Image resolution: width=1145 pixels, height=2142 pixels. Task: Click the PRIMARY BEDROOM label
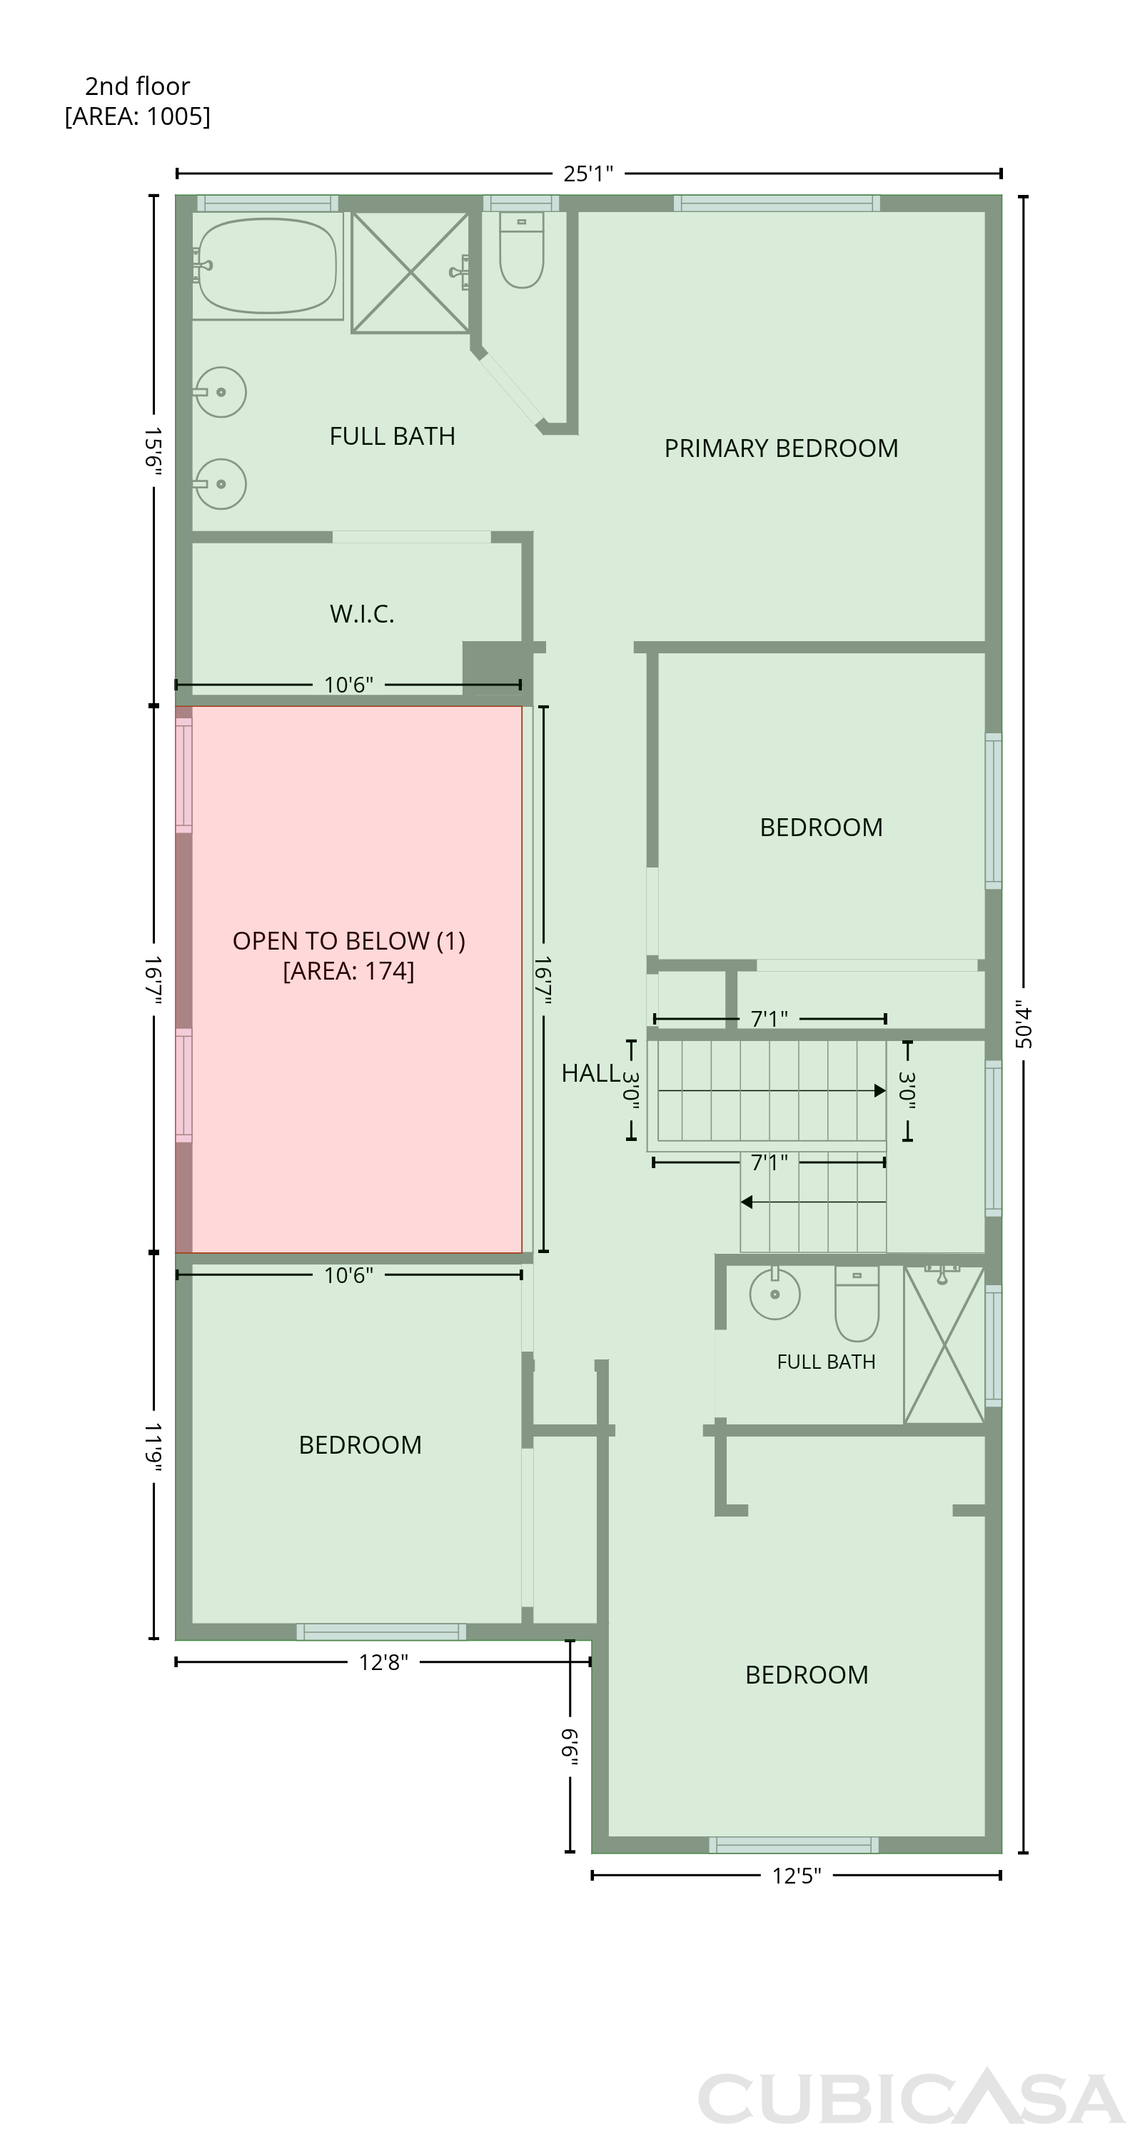tap(781, 448)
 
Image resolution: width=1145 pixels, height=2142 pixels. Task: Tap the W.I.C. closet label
tap(362, 613)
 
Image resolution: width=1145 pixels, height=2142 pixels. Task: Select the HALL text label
tap(590, 1072)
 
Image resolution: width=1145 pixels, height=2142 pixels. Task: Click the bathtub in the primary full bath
tap(267, 266)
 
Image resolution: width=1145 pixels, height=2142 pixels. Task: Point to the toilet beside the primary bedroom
tap(521, 249)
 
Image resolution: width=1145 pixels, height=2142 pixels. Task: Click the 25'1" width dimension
tap(588, 173)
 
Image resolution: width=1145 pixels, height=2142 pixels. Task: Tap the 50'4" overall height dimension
tap(1024, 1026)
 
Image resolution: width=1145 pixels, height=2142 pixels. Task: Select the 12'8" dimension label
tap(383, 1661)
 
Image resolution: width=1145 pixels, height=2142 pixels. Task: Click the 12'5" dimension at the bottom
tap(797, 1875)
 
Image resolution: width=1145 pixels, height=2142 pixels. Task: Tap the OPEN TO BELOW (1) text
tap(348, 940)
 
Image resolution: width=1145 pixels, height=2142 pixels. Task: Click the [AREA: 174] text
tap(348, 970)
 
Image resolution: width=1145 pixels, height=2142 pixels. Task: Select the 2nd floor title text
tap(137, 86)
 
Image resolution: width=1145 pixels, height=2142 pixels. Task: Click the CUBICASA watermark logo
tap(912, 2096)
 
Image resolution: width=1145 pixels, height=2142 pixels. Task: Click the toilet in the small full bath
tap(857, 1303)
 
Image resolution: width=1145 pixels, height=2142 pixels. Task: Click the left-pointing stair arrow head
tap(747, 1202)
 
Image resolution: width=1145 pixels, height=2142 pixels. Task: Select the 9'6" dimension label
tap(570, 1746)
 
